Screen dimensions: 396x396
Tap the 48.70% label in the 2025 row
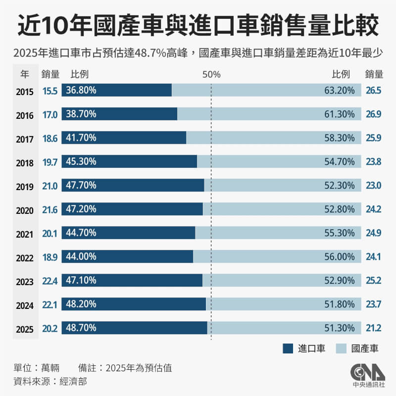coord(81,328)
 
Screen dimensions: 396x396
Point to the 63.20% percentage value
coord(340,90)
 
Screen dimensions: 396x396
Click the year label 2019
coord(24,187)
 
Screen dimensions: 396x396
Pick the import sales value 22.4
coord(50,282)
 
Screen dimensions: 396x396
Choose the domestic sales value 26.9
coord(373,115)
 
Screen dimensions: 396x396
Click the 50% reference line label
coord(211,75)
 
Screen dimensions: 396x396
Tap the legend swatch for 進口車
coord(288,348)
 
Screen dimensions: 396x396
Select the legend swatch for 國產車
coord(342,348)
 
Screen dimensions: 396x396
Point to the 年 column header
coord(24,75)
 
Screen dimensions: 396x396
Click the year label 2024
coord(24,305)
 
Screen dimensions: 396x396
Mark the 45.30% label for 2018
coord(81,161)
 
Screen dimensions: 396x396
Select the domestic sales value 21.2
coord(373,328)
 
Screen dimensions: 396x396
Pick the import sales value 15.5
coord(50,91)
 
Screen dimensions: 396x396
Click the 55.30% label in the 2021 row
coord(340,233)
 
